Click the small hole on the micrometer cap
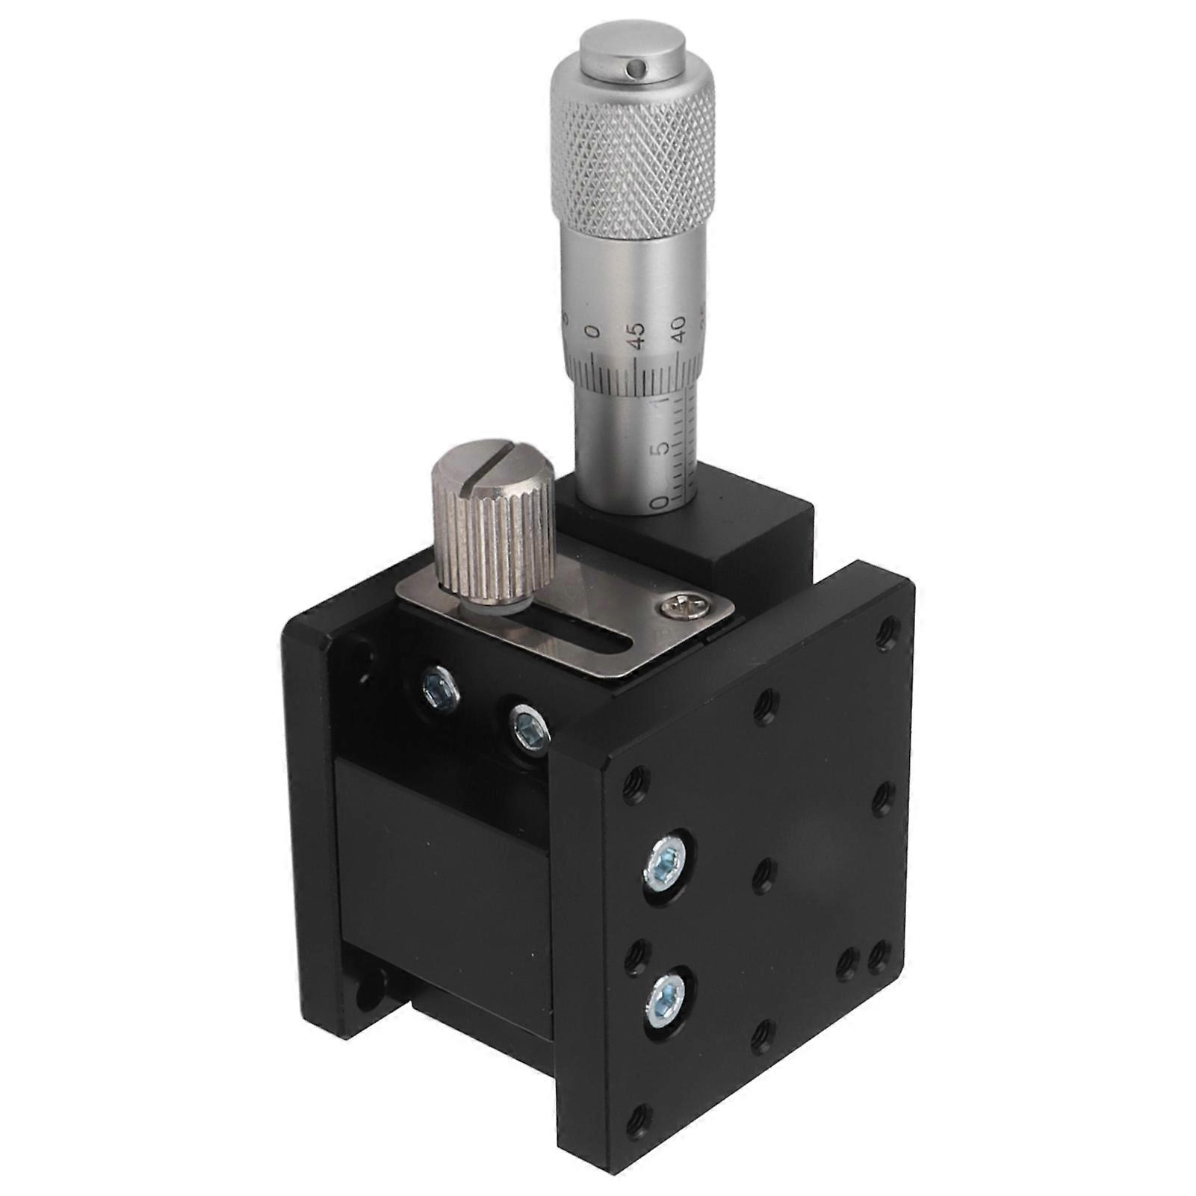[635, 69]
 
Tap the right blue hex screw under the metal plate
[527, 725]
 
